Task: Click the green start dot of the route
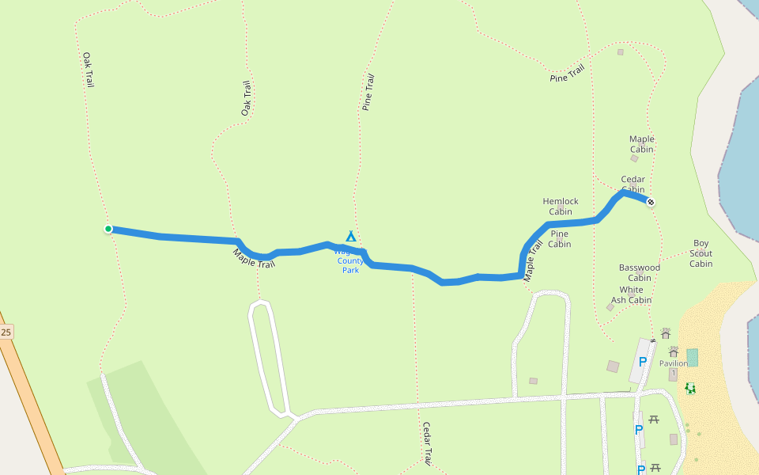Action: click(x=108, y=229)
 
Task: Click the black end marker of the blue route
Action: click(x=651, y=202)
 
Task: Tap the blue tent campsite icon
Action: click(x=351, y=236)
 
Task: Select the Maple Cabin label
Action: click(x=642, y=144)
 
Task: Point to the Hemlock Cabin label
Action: click(x=561, y=207)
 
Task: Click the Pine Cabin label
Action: click(x=560, y=239)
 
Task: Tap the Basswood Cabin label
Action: click(x=640, y=272)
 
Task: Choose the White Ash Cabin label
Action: click(x=632, y=295)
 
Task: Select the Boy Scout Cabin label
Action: click(x=701, y=253)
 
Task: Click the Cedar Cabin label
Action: click(x=632, y=184)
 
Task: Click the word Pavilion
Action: click(x=673, y=363)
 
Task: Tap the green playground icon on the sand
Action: click(x=690, y=388)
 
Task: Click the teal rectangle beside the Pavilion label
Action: click(x=693, y=357)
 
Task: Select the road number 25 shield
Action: click(x=6, y=332)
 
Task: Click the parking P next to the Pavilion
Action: click(x=643, y=362)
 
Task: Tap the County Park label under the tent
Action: click(x=350, y=264)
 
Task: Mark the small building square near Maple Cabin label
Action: click(x=634, y=158)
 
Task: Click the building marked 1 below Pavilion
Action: click(x=673, y=374)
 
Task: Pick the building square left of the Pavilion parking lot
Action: click(x=613, y=366)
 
